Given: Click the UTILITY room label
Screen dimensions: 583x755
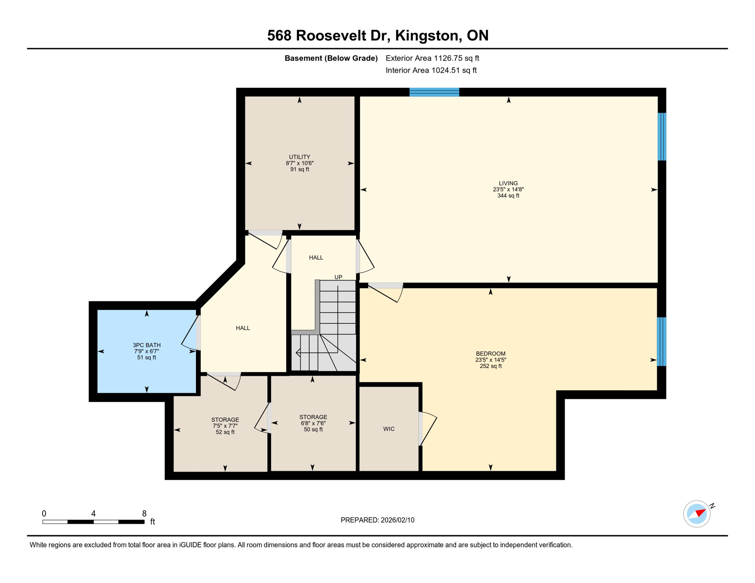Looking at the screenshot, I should pos(299,157).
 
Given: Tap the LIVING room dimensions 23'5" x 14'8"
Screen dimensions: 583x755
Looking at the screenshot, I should pos(508,189).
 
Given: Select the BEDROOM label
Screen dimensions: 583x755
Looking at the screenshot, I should pos(490,353).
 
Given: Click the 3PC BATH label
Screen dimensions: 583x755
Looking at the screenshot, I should pos(147,345).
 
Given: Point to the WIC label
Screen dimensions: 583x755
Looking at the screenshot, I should pos(389,429).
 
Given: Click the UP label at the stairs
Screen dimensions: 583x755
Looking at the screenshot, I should pos(338,277).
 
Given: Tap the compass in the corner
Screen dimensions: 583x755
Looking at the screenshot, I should pos(697,514).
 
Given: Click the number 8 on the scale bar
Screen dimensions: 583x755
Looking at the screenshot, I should pos(144,514).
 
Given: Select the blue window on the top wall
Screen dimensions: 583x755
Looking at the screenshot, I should pos(434,92).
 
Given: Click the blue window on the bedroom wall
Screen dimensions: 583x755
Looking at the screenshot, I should pos(661,342).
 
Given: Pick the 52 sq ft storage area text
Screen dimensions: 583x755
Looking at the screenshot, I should pos(225,432).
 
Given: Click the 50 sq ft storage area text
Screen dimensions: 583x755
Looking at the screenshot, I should pos(313,429).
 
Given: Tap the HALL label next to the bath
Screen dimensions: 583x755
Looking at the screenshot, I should pos(243,328).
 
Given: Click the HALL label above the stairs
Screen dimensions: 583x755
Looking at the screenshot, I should pos(316,257).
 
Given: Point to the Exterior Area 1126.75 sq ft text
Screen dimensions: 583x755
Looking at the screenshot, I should pos(432,58).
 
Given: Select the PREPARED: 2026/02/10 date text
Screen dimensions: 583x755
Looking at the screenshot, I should pos(377,520).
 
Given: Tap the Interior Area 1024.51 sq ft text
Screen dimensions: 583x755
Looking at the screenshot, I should pos(431,70).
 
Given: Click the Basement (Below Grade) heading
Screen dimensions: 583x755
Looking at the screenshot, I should pos(331,58).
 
